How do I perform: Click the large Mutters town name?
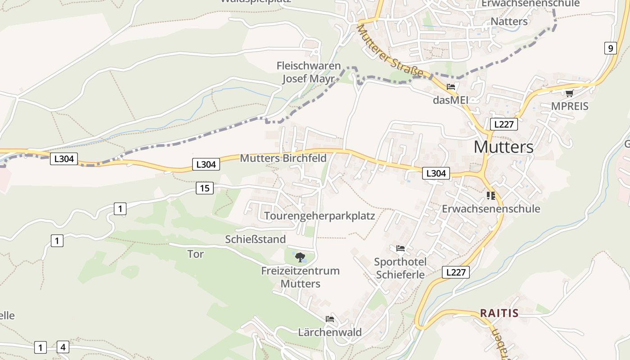click(504, 147)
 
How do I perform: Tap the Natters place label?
click(509, 21)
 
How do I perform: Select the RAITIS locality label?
click(499, 313)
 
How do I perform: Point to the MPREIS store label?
click(570, 107)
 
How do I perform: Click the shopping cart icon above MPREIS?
click(569, 94)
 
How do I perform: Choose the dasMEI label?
click(450, 100)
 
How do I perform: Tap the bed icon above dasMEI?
click(451, 87)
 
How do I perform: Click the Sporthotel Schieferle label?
click(400, 268)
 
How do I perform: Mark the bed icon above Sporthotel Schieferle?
click(400, 248)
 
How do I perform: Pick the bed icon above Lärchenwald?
click(330, 319)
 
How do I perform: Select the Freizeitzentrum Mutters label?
click(300, 277)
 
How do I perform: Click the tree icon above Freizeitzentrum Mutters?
click(300, 257)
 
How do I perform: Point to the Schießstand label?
click(255, 239)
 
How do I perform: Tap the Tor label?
click(195, 254)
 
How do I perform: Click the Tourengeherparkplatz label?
click(319, 216)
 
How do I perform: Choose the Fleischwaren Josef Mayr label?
click(308, 72)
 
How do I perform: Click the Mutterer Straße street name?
click(390, 51)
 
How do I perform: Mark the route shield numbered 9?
click(610, 48)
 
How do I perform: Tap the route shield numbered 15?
click(204, 188)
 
